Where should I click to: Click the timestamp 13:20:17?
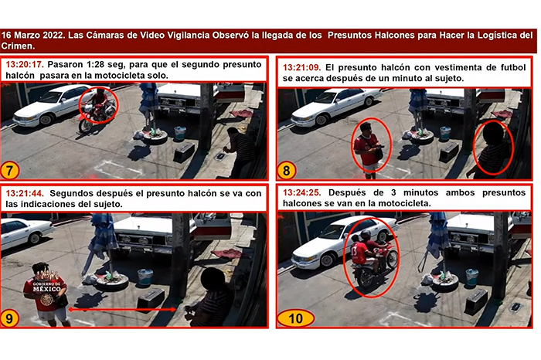coord(24,64)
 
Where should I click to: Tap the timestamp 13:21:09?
coord(301,67)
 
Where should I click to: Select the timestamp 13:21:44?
coord(24,193)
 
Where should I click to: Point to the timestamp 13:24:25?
coord(301,192)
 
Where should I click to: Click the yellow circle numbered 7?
coord(9,171)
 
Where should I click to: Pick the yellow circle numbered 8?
coord(287,171)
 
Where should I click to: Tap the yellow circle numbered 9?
coord(9,318)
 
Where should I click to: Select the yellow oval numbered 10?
coord(296,318)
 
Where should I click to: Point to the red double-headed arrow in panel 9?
coord(122,310)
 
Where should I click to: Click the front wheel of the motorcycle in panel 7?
coord(85,125)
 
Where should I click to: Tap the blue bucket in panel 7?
coord(180,133)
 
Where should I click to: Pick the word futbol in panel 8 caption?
coord(513,67)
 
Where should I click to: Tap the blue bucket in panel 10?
coord(471,277)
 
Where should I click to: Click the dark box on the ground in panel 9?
coord(151,300)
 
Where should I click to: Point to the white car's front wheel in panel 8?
coord(322,120)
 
